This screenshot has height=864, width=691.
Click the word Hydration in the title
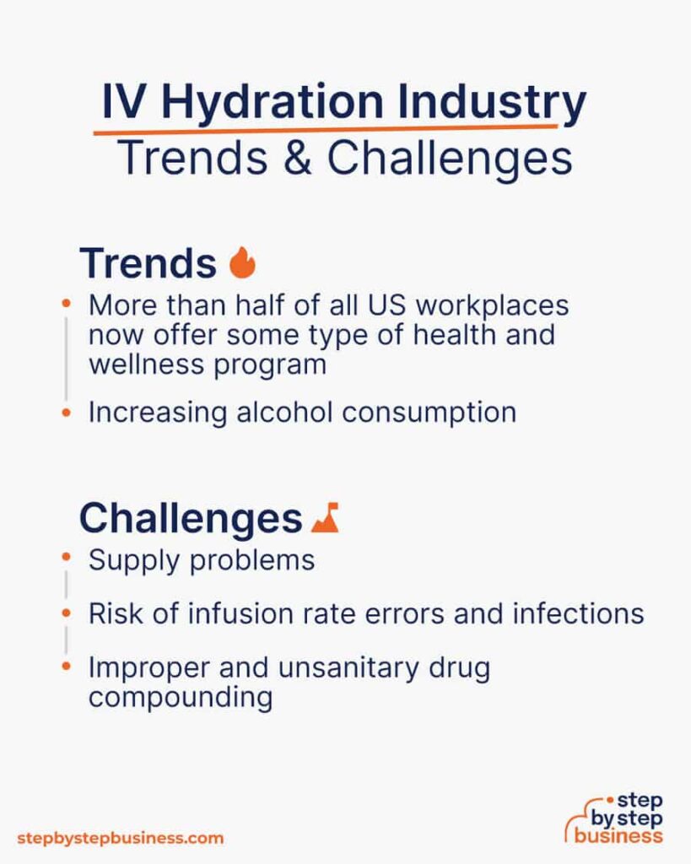coord(273,102)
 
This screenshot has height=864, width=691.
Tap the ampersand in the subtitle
coord(298,158)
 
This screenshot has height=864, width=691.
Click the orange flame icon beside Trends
coord(242,262)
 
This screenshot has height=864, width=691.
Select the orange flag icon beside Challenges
coord(325,517)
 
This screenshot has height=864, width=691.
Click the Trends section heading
coord(148,263)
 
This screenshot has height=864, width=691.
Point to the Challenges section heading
coord(191,519)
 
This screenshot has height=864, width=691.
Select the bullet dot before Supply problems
coord(66,557)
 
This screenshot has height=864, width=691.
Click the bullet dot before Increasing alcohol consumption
coord(66,412)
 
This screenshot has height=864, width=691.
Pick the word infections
coord(578,614)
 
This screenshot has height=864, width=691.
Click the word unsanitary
coord(348,667)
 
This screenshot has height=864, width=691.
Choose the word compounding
coord(181,698)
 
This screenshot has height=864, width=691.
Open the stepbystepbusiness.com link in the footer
coord(120,838)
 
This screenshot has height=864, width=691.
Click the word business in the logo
coord(618,836)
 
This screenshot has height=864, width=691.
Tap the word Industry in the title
coord(492,102)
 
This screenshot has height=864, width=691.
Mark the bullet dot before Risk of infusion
coord(66,613)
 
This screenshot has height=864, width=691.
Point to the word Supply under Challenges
coord(134,561)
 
